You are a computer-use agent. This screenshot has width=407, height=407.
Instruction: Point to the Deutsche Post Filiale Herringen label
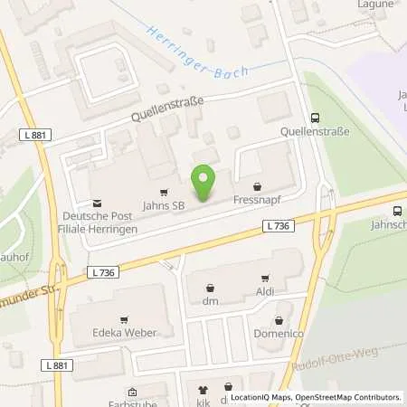tap(99, 222)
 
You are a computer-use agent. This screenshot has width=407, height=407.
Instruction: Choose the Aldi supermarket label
tap(265, 292)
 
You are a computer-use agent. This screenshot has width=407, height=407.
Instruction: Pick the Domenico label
tap(280, 334)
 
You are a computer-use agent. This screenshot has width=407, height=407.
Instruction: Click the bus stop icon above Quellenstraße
tap(315, 117)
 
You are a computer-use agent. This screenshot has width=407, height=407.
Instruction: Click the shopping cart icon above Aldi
tap(265, 278)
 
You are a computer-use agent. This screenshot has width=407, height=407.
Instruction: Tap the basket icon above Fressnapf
tap(244, 185)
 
